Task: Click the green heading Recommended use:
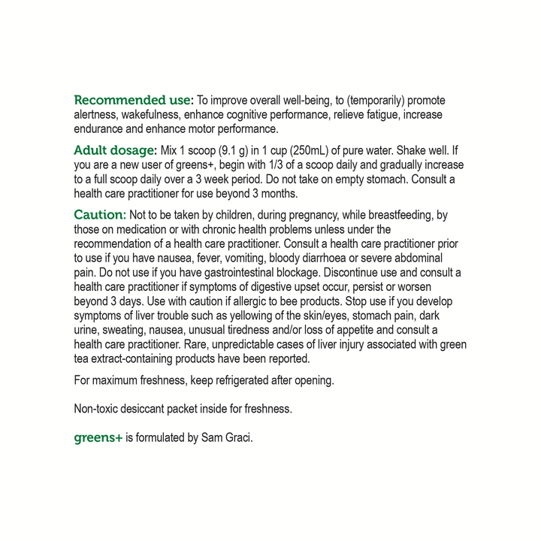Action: [134, 100]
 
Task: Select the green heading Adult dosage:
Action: [115, 150]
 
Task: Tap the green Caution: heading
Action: [100, 215]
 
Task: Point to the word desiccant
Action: [155, 409]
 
